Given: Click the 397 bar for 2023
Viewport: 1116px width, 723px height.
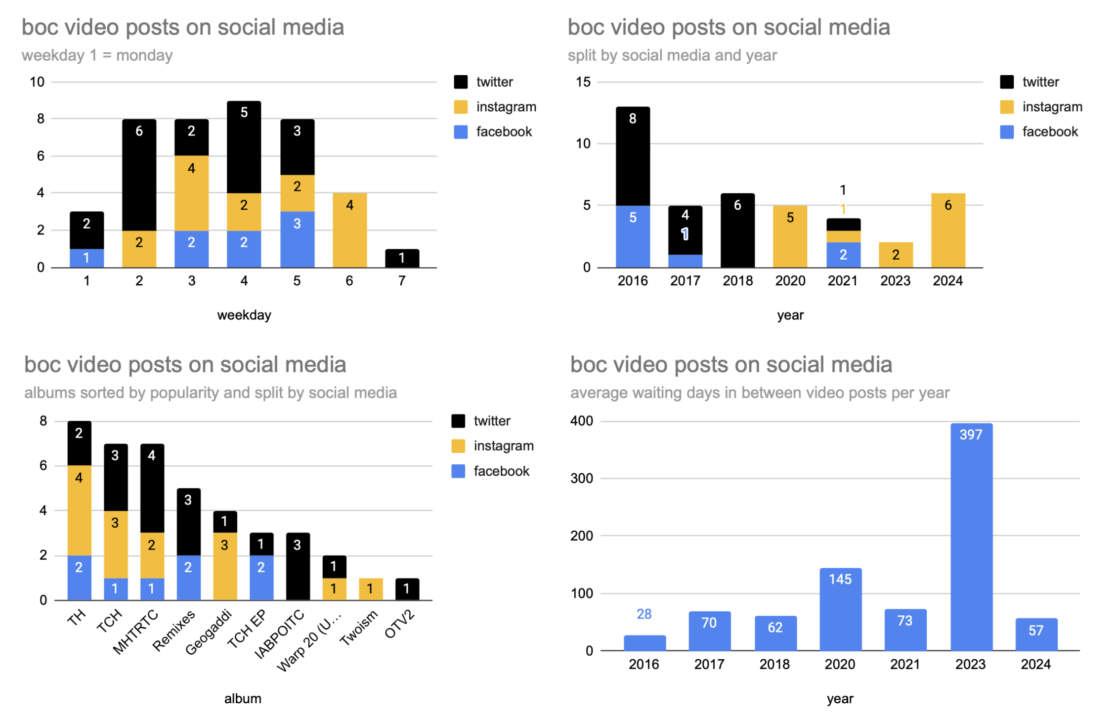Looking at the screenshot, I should pos(971,537).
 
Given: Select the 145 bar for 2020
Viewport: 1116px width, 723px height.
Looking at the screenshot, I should pos(840,609).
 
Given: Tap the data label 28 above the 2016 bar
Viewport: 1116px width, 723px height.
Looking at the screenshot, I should pos(644,614).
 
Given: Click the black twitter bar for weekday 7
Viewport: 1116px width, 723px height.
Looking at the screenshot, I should pos(402,258).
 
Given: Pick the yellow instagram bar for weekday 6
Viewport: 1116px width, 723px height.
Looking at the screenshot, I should pos(349,230).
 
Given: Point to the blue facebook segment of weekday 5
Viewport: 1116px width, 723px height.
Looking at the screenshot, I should pos(297,239).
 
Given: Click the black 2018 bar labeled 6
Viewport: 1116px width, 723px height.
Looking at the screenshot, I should pos(737,230).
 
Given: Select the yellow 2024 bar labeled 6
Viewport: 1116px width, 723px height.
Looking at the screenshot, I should pos(948,230).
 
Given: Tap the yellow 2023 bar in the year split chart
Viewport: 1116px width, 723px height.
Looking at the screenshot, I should pos(896,255).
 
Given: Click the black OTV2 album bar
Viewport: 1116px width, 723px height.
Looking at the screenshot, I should pos(407,589).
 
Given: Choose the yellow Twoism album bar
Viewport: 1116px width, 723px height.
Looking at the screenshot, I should pos(370,589).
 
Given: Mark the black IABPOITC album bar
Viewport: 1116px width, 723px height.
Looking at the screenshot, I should pos(298,566).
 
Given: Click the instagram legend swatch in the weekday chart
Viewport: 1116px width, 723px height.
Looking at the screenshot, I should pos(461,107).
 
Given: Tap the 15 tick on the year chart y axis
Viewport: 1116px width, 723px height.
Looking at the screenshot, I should pos(583,82).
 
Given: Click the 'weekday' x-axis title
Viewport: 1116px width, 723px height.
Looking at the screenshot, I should pos(244,315).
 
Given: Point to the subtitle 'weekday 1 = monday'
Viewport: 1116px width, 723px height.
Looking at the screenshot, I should pos(97,55).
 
